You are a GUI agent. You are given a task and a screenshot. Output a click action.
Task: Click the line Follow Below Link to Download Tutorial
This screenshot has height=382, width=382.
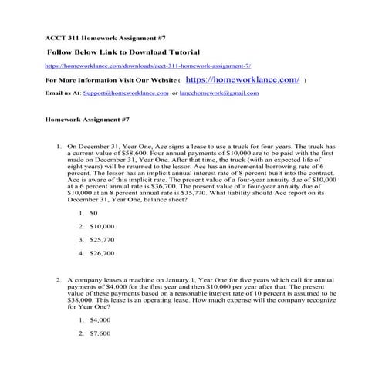tap(123, 52)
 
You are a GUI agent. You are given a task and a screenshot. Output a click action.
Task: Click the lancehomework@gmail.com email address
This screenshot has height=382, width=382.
tap(221, 93)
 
